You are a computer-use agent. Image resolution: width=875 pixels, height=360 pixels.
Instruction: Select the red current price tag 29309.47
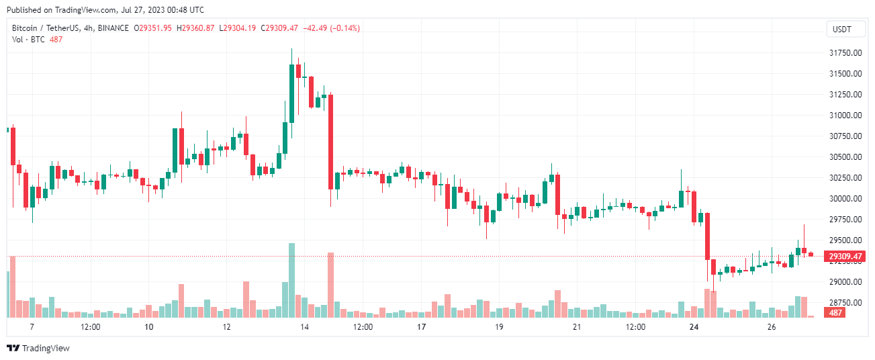[x=845, y=256]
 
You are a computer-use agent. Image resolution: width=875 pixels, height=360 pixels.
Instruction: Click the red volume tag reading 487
[x=835, y=313]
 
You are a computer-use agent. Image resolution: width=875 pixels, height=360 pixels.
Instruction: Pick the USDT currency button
[x=841, y=29]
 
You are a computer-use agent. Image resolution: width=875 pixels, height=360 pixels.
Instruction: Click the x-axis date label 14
[x=305, y=327]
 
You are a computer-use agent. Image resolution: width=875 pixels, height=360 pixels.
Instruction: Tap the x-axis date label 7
[x=32, y=327]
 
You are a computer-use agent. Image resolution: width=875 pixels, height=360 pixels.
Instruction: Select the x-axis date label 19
[x=499, y=327]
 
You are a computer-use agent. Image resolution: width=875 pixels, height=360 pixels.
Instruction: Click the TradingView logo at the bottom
[x=38, y=348]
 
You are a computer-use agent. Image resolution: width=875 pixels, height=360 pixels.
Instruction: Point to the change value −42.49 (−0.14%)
[x=332, y=28]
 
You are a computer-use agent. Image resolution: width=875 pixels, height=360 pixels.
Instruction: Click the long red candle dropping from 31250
[x=330, y=142]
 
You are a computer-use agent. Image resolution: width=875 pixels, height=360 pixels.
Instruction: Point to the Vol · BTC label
[x=29, y=39]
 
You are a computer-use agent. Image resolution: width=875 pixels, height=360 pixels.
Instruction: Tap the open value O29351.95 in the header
[x=153, y=28]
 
